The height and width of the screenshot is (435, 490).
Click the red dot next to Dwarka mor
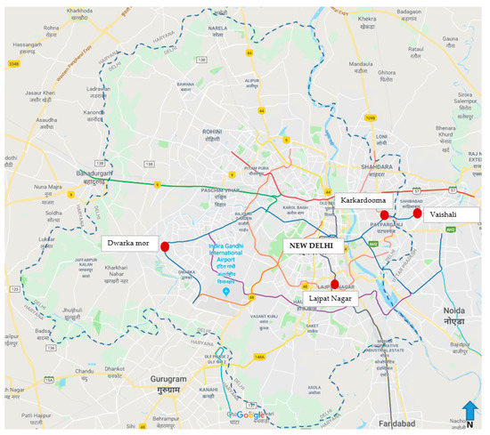[165, 246]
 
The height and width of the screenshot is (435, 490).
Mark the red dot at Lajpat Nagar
[334, 285]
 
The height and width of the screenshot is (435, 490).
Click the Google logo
[250, 415]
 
